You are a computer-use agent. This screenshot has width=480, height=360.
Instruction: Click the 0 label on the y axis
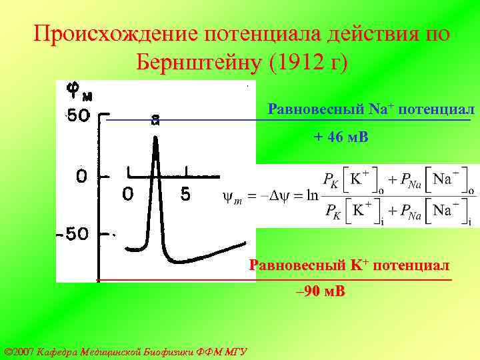81,177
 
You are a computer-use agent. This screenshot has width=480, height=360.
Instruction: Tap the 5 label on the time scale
185,195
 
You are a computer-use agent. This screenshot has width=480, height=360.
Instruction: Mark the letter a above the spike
155,121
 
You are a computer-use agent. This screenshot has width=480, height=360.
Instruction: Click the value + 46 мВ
340,137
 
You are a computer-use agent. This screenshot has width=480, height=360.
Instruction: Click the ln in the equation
313,195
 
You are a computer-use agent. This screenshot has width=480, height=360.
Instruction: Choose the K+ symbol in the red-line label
358,265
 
